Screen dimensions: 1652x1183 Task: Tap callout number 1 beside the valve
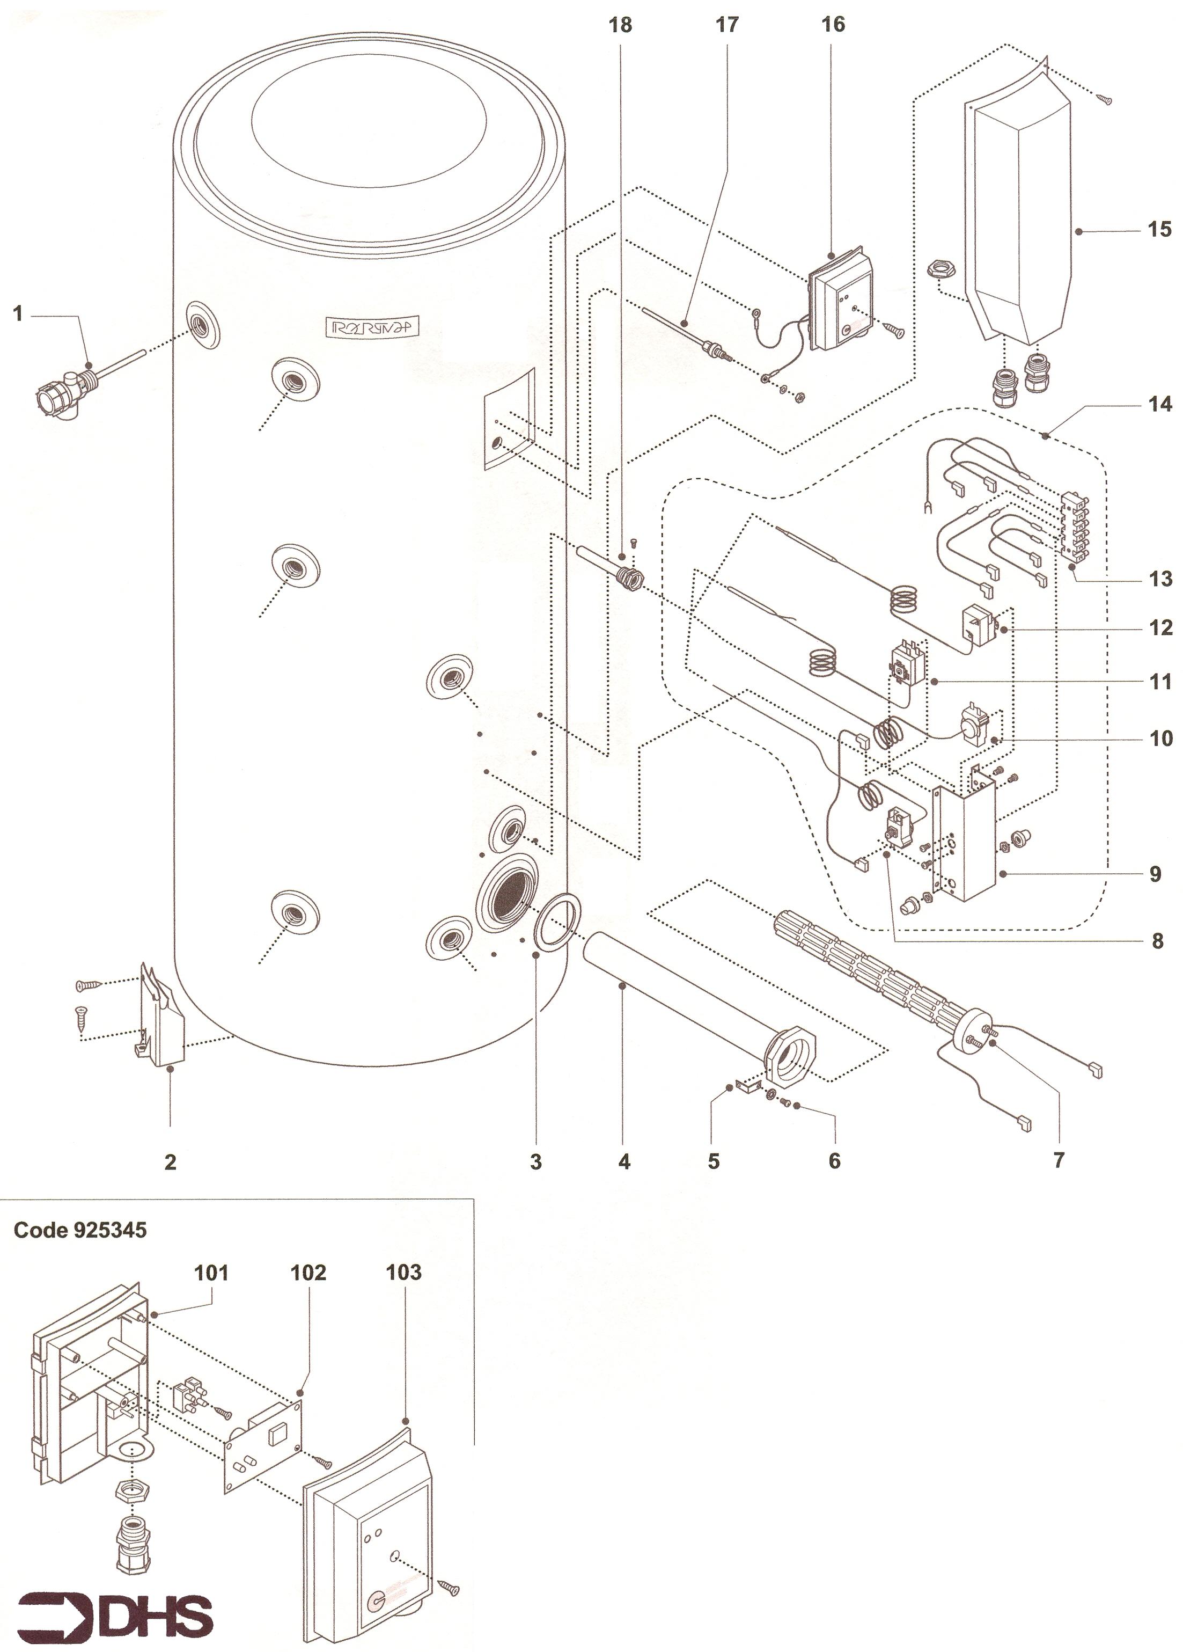(x=18, y=314)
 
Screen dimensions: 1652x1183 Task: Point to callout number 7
(x=1059, y=1160)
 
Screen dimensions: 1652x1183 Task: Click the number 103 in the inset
(x=403, y=1273)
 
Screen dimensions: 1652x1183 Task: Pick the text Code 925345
(x=80, y=1230)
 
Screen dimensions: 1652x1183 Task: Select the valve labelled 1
(x=62, y=390)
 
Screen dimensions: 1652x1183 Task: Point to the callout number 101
(x=211, y=1273)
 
